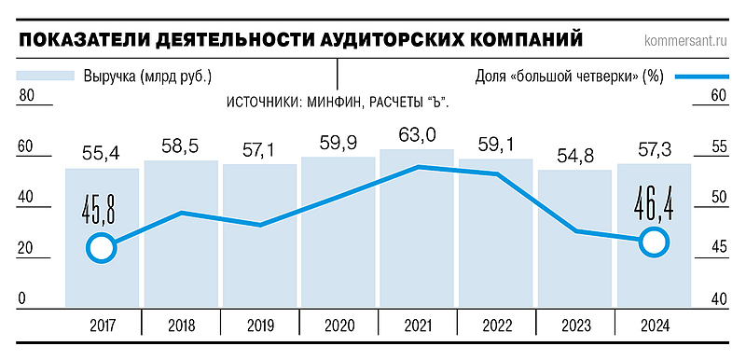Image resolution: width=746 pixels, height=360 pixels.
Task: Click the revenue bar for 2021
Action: pos(416,233)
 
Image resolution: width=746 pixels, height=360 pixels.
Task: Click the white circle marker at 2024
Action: pos(655,242)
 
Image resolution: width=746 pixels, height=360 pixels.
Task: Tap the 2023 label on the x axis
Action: pos(574,325)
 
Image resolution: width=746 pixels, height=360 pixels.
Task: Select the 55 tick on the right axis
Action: pos(719,146)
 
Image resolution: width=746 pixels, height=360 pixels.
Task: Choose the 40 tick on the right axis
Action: pos(719,298)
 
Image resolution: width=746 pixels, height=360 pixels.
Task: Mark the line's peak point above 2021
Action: pos(419,167)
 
